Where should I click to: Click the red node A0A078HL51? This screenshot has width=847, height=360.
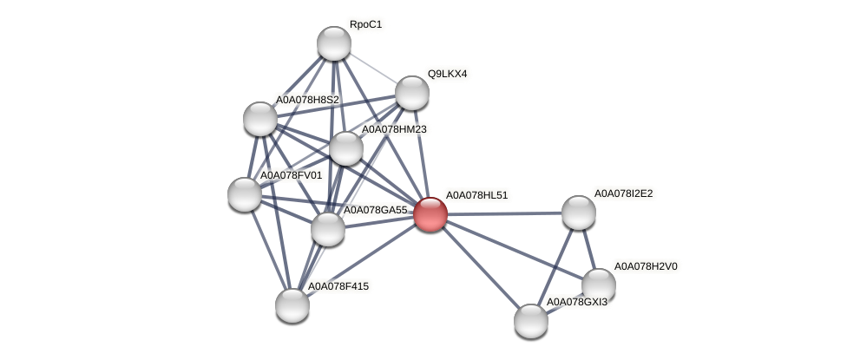pyautogui.click(x=430, y=214)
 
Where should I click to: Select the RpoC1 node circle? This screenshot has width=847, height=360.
pyautogui.click(x=333, y=43)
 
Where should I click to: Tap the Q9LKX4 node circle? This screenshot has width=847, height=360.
pyautogui.click(x=411, y=93)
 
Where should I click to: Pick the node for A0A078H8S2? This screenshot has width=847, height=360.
pyautogui.click(x=259, y=119)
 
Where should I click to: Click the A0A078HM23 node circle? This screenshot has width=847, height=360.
pyautogui.click(x=345, y=148)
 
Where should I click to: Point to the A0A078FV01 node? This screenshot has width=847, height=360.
pyautogui.click(x=244, y=194)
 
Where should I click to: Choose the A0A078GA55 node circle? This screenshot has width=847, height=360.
pyautogui.click(x=327, y=229)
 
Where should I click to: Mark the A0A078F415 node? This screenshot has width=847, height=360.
pyautogui.click(x=292, y=304)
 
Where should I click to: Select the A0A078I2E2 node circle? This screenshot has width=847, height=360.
pyautogui.click(x=578, y=213)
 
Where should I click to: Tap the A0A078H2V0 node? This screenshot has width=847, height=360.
pyautogui.click(x=598, y=285)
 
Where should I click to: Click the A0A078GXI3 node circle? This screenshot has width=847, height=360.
pyautogui.click(x=530, y=321)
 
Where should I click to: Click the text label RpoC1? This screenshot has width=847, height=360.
pyautogui.click(x=365, y=24)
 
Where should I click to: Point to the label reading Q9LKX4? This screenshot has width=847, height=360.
pyautogui.click(x=447, y=74)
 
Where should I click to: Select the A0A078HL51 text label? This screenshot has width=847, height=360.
pyautogui.click(x=476, y=195)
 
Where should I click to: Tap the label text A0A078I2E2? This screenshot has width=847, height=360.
pyautogui.click(x=622, y=193)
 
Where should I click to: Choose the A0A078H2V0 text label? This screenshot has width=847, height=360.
pyautogui.click(x=646, y=266)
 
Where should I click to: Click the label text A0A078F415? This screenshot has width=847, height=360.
pyautogui.click(x=342, y=285)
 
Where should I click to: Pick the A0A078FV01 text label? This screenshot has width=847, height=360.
pyautogui.click(x=291, y=175)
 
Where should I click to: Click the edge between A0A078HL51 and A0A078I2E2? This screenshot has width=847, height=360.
pyautogui.click(x=504, y=213)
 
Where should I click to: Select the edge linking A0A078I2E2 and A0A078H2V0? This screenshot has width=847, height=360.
pyautogui.click(x=588, y=249)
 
